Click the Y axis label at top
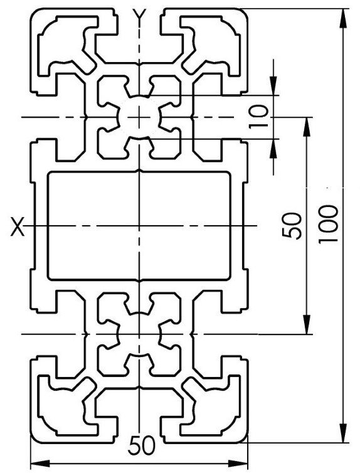point(140,15)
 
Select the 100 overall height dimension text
point(329,224)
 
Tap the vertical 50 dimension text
point(292,226)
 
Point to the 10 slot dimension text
point(258,117)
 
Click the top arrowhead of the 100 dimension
point(344,19)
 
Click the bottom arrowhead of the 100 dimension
point(344,433)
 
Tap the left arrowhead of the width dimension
point(41,463)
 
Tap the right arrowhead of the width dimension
point(238,463)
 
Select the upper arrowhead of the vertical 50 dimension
point(306,127)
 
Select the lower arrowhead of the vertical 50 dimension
point(306,324)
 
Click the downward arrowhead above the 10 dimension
point(273,86)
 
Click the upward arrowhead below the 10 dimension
point(273,149)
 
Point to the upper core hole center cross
point(139,117)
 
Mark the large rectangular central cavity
point(139,226)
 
